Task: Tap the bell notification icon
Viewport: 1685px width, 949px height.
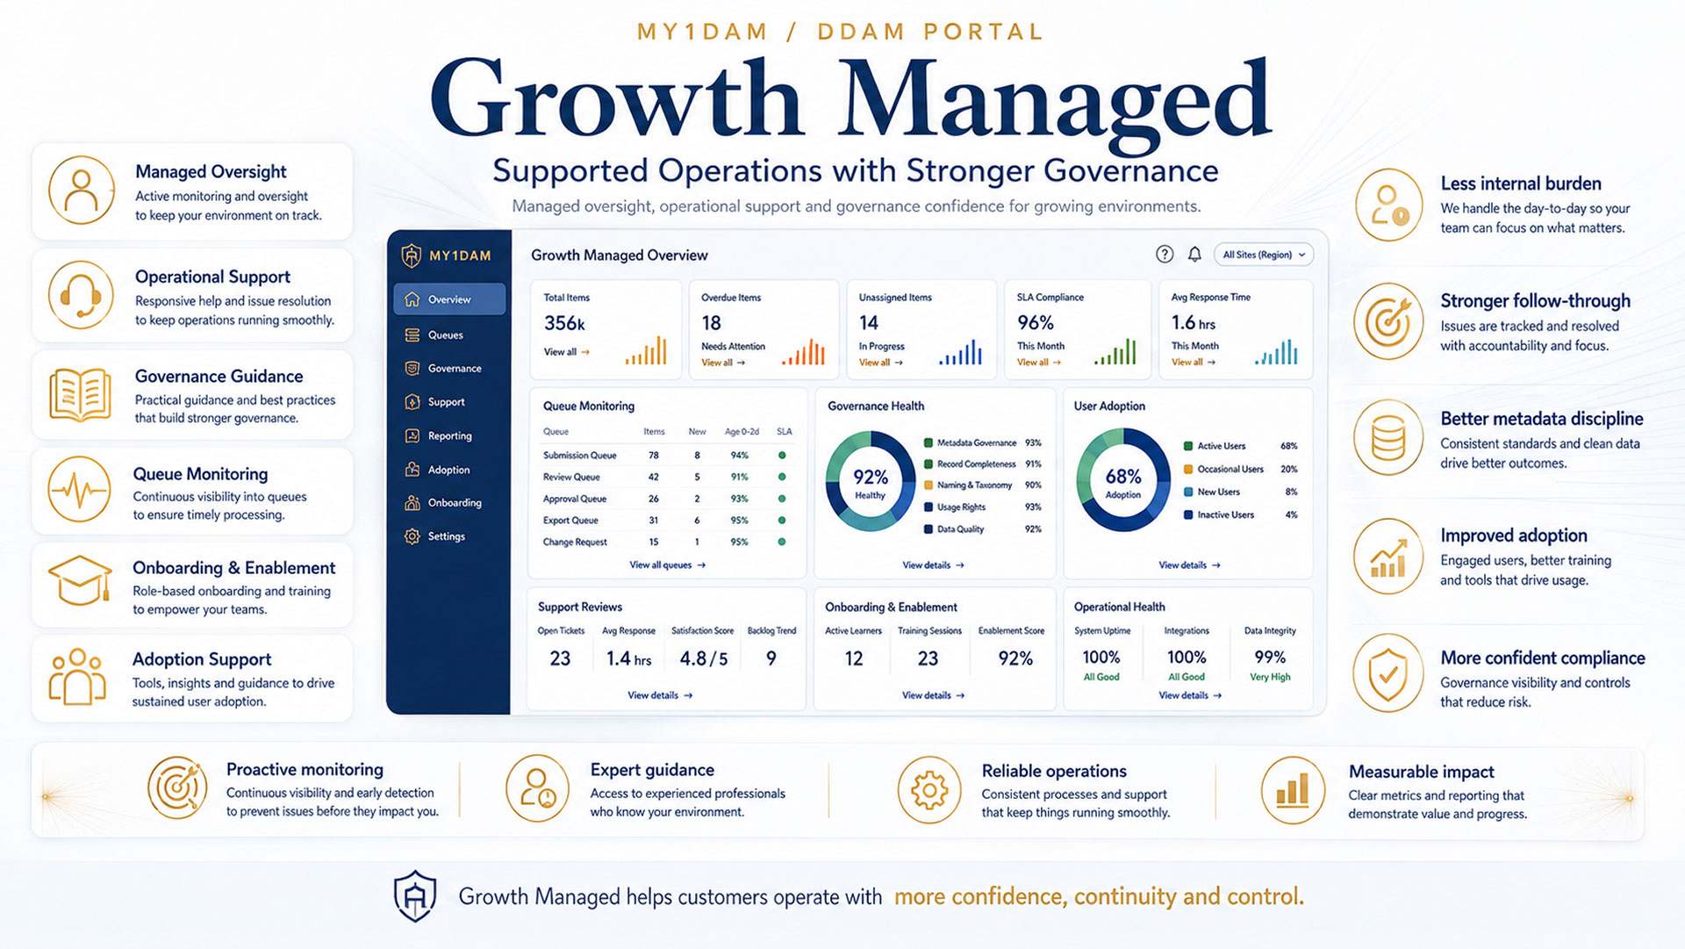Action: (x=1194, y=255)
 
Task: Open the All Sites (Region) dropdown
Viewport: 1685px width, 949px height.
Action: (x=1264, y=255)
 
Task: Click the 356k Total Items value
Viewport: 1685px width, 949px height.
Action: (x=564, y=323)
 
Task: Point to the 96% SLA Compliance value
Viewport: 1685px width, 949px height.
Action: (x=1036, y=323)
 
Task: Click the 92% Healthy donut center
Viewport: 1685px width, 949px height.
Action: (x=870, y=482)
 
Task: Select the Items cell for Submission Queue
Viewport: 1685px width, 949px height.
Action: (x=654, y=456)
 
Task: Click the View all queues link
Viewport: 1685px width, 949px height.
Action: (x=667, y=565)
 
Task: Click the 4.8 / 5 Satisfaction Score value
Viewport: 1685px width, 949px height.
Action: (x=703, y=658)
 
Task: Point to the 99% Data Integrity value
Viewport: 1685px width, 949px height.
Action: (x=1270, y=658)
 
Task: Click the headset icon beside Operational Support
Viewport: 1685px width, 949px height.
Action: (x=81, y=295)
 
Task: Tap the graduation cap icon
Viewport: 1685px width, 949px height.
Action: (x=80, y=580)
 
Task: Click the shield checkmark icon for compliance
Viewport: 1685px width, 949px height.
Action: (x=1387, y=673)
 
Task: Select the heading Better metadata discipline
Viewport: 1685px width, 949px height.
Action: (x=1542, y=419)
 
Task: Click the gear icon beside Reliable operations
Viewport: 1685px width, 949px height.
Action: (x=929, y=790)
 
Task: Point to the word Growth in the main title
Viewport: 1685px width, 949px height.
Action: (x=616, y=99)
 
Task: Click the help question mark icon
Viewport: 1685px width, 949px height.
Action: (x=1165, y=255)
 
